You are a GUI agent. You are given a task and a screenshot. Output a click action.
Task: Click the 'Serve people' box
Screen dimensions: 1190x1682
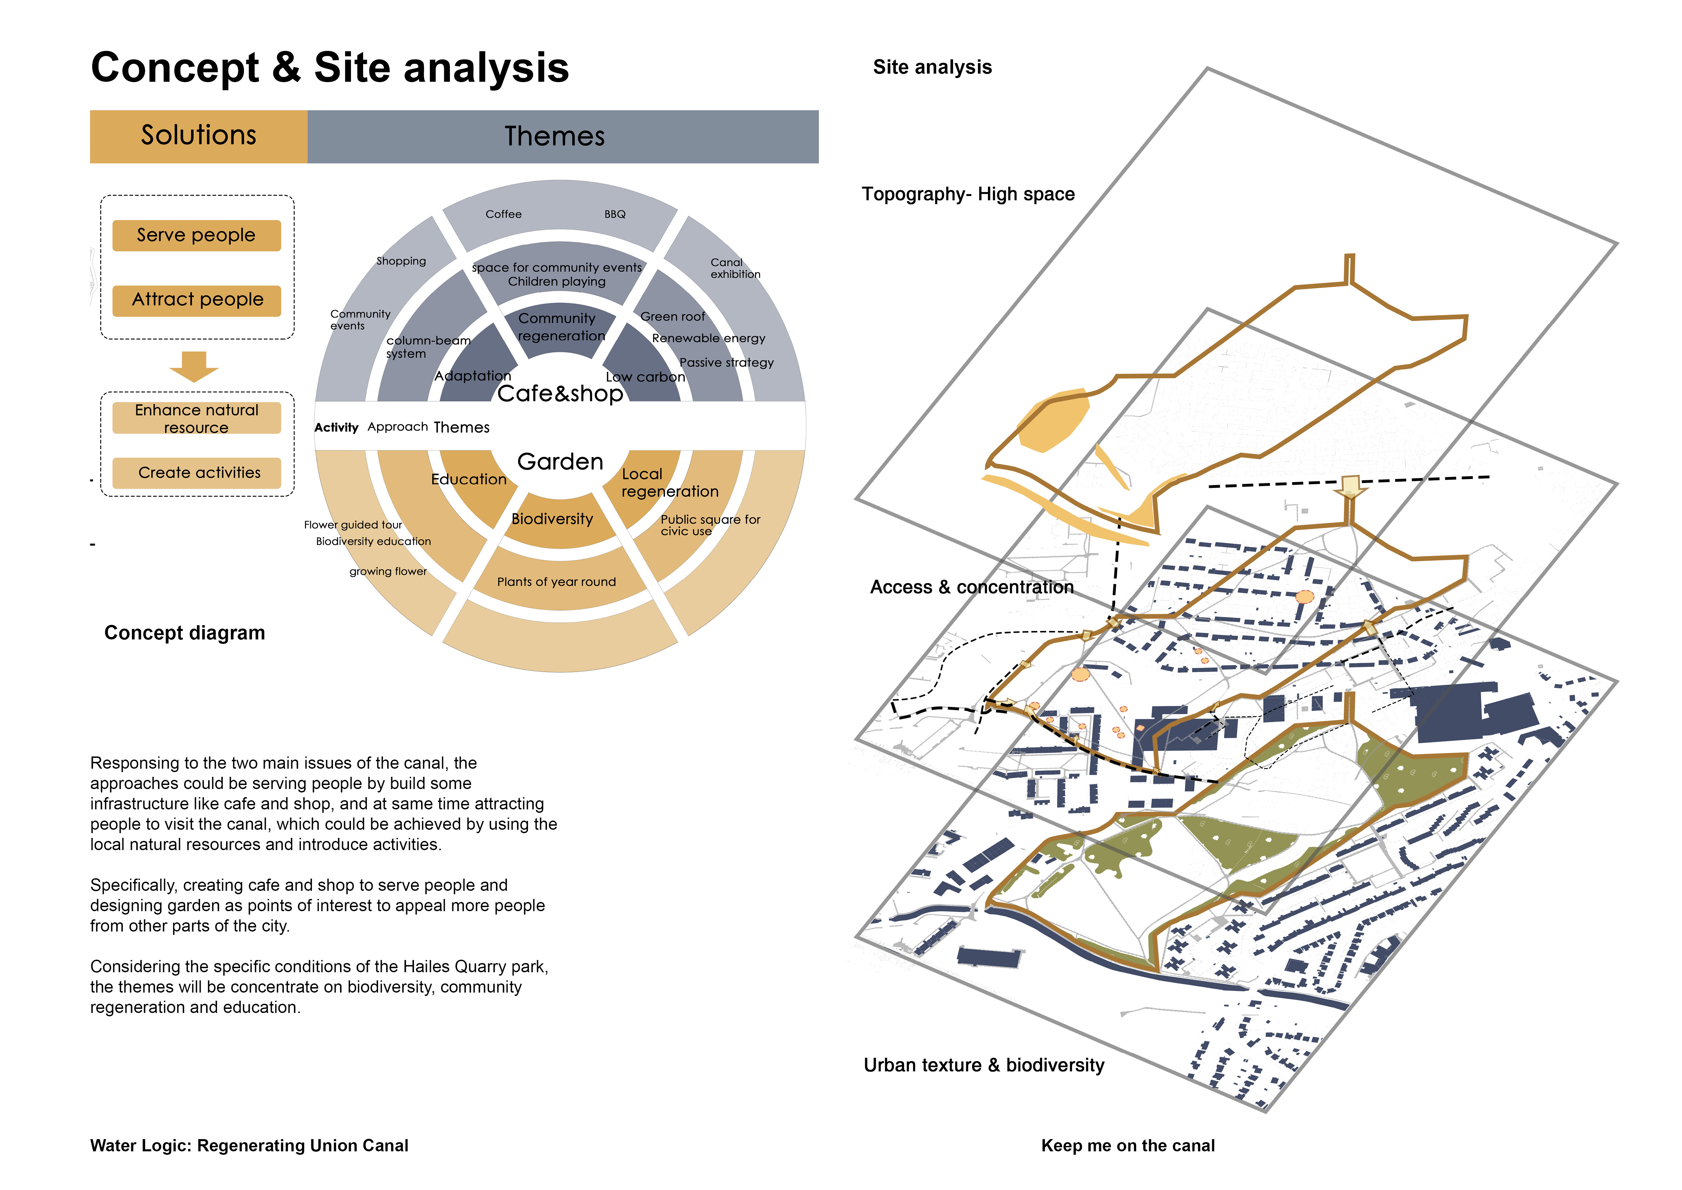(x=196, y=235)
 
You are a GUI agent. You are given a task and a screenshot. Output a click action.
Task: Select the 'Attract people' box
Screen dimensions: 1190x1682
(x=196, y=300)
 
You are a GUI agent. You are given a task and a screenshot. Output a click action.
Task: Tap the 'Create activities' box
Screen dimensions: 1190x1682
(x=196, y=473)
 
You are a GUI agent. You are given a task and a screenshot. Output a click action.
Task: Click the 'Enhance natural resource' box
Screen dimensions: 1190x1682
(x=196, y=418)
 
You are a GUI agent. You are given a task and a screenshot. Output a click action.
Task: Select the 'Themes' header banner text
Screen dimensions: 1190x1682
(x=555, y=136)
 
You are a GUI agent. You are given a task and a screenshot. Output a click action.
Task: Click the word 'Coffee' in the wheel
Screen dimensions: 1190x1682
(x=503, y=214)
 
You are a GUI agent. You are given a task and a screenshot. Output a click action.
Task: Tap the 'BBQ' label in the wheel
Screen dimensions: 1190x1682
(x=615, y=214)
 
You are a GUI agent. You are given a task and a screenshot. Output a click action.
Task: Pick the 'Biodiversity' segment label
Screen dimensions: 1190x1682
(x=552, y=519)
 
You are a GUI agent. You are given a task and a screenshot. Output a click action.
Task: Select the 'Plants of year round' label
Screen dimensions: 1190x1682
(x=556, y=582)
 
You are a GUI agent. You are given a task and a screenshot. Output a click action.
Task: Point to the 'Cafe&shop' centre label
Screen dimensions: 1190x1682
(x=560, y=394)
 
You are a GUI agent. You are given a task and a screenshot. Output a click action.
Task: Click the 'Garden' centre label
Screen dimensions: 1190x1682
(x=560, y=462)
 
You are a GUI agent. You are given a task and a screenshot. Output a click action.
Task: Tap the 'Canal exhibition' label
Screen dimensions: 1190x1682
(x=734, y=268)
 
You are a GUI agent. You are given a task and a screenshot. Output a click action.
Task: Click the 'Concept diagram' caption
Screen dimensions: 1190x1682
(x=184, y=633)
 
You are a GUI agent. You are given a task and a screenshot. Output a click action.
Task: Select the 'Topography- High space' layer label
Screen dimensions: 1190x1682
(x=968, y=194)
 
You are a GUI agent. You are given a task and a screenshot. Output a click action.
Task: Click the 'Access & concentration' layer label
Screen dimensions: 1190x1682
(x=971, y=587)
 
